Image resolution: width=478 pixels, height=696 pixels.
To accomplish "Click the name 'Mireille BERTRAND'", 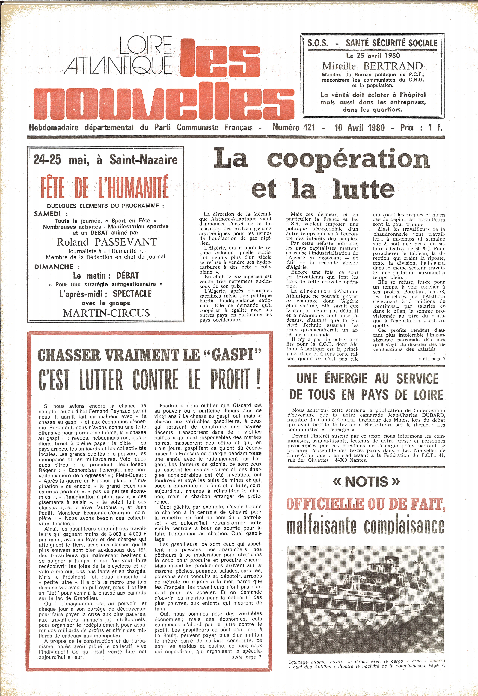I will [x=372, y=66].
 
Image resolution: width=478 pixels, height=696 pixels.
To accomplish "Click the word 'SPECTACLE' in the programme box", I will [x=132, y=294].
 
